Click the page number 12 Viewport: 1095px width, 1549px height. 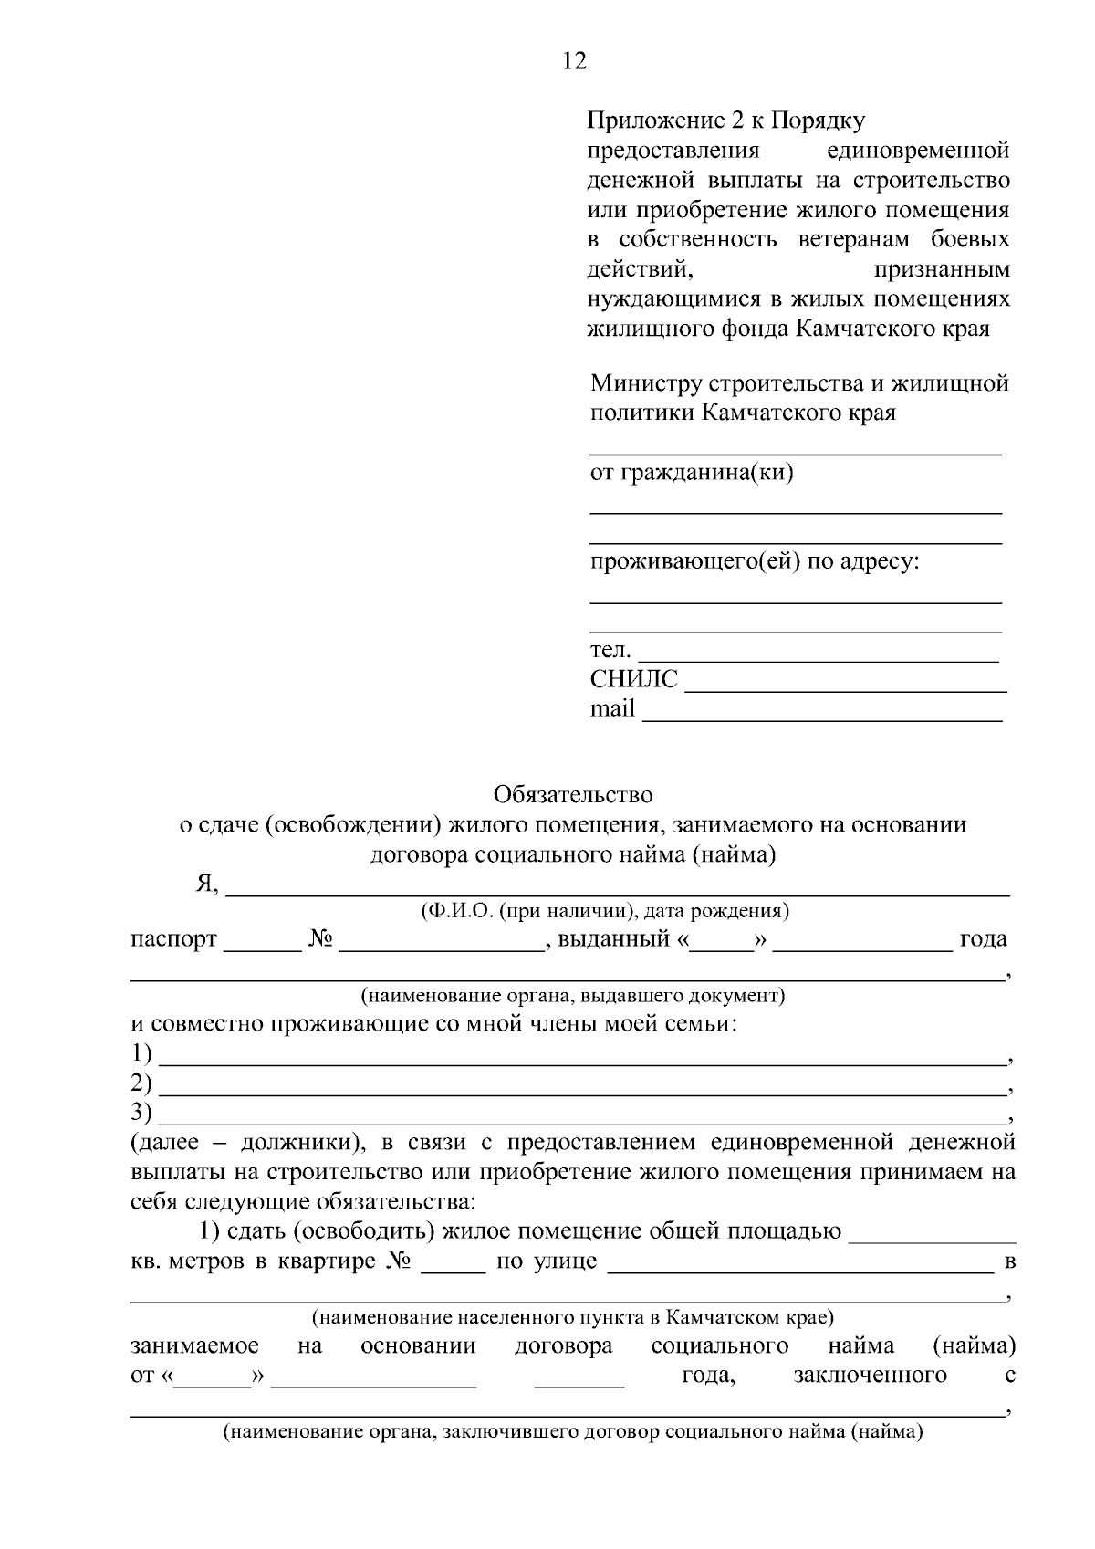[575, 62]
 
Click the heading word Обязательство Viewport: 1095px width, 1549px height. [573, 795]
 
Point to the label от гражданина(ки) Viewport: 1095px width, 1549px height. [691, 473]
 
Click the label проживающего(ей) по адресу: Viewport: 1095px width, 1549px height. [754, 561]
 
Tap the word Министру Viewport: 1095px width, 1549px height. [644, 383]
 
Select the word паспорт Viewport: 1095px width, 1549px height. [173, 939]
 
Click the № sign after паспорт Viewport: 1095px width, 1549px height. [320, 939]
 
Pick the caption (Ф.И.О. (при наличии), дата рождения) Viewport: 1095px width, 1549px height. [605, 911]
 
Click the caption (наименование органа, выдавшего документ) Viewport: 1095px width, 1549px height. [572, 995]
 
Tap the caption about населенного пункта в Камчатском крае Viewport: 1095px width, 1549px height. [572, 1318]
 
